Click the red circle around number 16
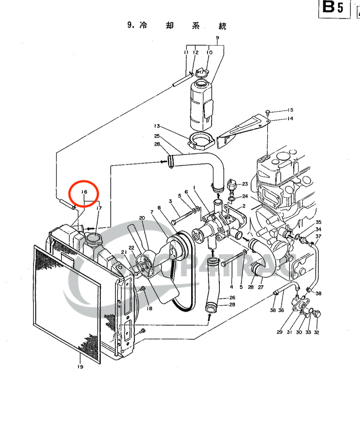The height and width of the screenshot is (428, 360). (84, 193)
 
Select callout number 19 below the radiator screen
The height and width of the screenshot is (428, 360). (80, 366)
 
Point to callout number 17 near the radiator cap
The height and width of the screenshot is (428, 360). (99, 208)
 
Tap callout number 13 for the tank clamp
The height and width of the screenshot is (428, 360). (157, 126)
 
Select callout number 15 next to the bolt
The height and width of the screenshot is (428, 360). (290, 110)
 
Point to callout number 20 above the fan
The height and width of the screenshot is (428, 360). (142, 218)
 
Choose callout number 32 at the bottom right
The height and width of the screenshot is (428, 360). (316, 333)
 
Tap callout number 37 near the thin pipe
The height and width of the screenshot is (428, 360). (318, 237)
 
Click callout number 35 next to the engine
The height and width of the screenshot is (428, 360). (318, 222)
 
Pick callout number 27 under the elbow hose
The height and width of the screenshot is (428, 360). (261, 287)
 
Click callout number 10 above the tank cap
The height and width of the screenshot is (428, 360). (209, 53)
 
